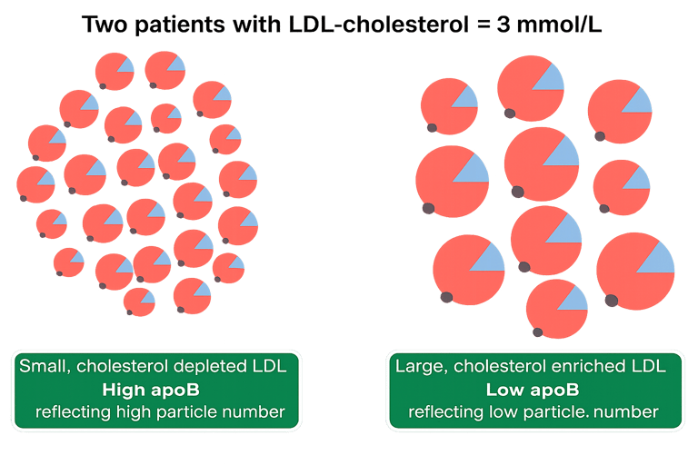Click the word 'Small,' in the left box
point(45,367)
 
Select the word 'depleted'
point(215,367)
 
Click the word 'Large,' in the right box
point(419,367)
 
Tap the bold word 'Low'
point(503,391)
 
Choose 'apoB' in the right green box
point(549,391)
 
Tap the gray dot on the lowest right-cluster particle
point(537,332)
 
